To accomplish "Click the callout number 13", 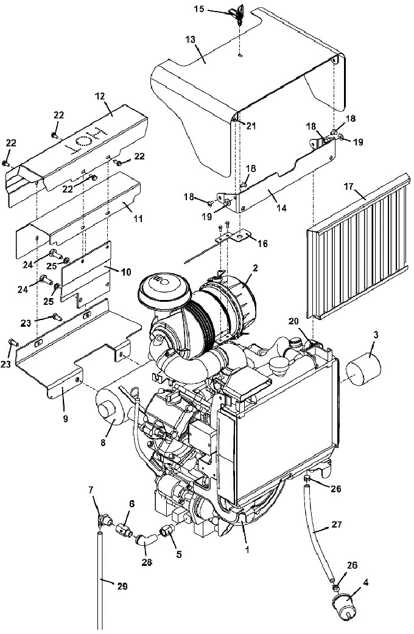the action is [x=191, y=40].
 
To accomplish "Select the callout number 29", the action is [x=122, y=586].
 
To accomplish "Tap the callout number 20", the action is [x=293, y=321].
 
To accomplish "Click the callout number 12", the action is [x=100, y=96].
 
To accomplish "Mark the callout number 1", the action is [x=247, y=549].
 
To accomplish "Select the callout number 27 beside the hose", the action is [x=336, y=524].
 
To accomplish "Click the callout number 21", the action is [x=251, y=126].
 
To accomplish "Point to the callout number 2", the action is [x=254, y=268].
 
